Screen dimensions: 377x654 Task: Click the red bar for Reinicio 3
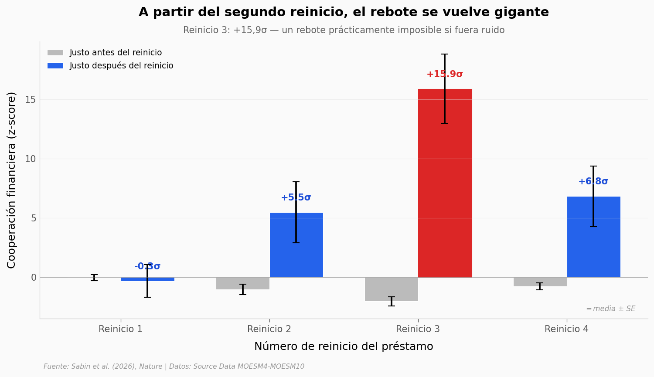point(445,183)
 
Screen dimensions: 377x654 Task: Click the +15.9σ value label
point(445,75)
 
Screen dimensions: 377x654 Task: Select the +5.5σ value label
point(296,198)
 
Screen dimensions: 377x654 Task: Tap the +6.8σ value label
point(593,182)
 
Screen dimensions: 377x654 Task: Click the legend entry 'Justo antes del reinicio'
point(116,53)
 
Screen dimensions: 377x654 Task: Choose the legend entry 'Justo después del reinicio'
point(121,66)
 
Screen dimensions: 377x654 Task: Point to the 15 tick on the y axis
point(30,100)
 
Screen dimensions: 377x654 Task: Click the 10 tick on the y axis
point(30,159)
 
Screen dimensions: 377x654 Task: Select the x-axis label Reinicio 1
point(121,329)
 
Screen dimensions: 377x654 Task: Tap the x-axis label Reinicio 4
point(566,329)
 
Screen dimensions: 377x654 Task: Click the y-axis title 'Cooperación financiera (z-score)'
point(12,180)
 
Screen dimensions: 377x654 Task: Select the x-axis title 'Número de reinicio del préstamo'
point(344,347)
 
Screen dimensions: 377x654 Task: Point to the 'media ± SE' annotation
point(613,309)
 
